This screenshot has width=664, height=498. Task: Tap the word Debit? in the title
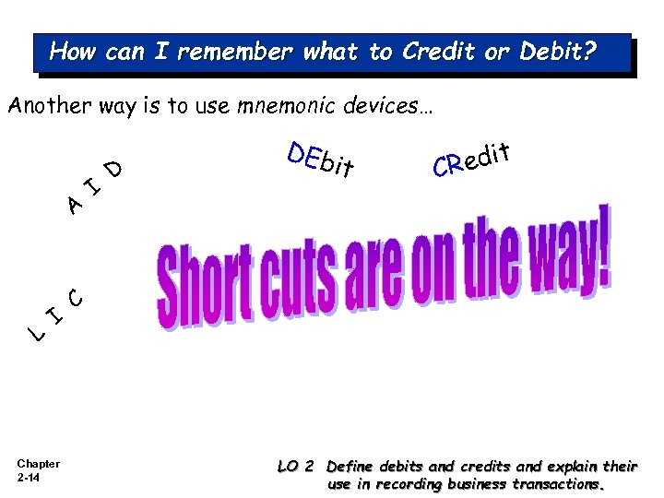(x=559, y=52)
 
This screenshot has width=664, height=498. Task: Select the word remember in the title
(x=236, y=52)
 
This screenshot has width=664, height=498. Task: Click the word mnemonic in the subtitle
(x=284, y=107)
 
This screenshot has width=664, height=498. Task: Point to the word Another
(x=49, y=107)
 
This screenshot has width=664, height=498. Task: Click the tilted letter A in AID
(x=77, y=204)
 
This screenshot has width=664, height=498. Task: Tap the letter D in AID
(x=113, y=168)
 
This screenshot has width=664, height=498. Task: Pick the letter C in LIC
(x=77, y=297)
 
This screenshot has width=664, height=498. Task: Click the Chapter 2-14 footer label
(x=38, y=470)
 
